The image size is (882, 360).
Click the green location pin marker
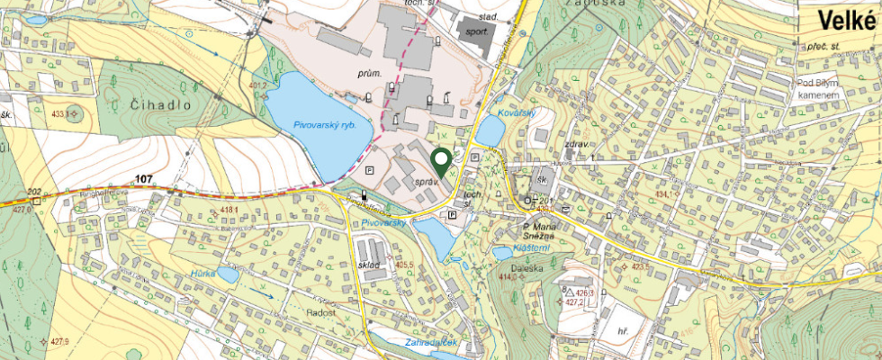click(441, 162)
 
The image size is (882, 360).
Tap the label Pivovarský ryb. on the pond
click(325, 126)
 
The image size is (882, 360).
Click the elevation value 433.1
click(61, 114)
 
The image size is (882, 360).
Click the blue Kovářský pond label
click(517, 112)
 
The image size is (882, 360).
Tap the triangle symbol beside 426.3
click(569, 292)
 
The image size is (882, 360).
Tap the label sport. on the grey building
click(477, 31)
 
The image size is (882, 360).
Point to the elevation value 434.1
click(663, 194)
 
